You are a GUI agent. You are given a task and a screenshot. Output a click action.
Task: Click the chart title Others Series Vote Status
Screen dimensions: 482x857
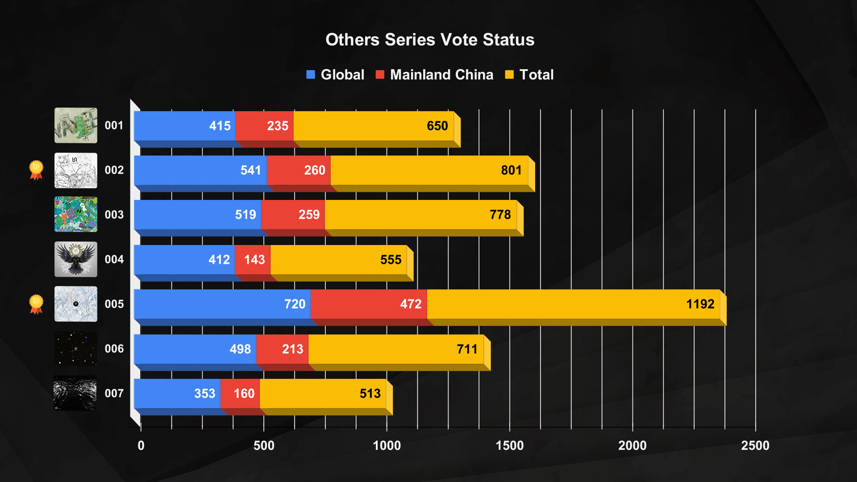(429, 40)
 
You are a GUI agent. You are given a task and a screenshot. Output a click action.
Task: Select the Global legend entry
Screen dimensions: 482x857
(335, 75)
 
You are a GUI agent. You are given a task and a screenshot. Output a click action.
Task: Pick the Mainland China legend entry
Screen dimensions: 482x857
(435, 75)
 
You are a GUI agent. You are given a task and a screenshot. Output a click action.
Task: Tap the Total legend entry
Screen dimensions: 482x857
(529, 75)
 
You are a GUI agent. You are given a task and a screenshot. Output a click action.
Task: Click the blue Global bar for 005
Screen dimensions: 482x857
(222, 304)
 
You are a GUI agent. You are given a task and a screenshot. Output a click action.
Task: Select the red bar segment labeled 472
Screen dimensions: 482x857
(368, 304)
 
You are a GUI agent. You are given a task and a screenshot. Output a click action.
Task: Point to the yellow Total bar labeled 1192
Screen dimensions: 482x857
(573, 304)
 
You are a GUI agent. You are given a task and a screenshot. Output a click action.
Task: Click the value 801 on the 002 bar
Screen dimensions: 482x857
(511, 170)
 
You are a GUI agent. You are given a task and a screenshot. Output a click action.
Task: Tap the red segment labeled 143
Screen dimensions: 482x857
(253, 259)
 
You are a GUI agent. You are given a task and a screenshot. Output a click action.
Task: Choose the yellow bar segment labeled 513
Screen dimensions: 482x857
(323, 393)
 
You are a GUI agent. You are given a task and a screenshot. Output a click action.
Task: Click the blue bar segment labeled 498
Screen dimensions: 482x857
(195, 349)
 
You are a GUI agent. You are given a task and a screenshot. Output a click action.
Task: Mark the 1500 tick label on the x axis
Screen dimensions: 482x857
(509, 445)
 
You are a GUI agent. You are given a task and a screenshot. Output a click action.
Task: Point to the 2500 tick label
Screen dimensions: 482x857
(755, 445)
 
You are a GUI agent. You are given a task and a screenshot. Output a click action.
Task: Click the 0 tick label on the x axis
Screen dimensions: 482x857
(141, 445)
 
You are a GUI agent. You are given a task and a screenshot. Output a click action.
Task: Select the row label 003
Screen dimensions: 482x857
(114, 215)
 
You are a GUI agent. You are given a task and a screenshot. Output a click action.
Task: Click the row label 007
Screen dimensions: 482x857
(114, 393)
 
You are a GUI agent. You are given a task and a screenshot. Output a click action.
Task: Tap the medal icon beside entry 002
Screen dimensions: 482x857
(36, 170)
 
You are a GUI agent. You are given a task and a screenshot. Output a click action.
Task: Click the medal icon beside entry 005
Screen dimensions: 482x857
(36, 304)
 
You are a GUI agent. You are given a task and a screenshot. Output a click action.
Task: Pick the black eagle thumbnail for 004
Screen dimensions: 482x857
(76, 259)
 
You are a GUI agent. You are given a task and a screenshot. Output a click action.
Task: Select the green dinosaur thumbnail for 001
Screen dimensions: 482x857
(76, 125)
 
